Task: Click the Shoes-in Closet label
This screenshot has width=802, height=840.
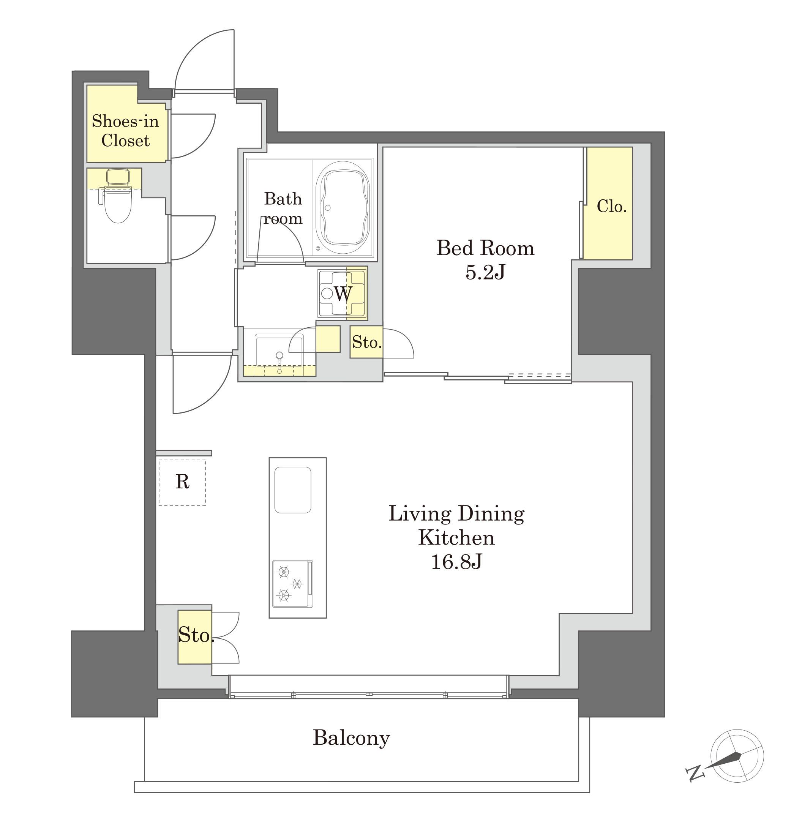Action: coord(125,131)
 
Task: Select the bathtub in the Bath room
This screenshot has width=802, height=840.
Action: coord(343,208)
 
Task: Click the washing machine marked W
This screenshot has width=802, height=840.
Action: coord(342,293)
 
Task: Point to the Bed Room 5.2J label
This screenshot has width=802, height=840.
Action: coord(485,259)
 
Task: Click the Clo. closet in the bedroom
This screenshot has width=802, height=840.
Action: coord(609,203)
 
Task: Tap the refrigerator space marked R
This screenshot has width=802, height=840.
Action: coord(182,482)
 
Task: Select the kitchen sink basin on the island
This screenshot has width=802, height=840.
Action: coord(293,490)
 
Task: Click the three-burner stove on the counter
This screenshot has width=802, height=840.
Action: coord(293,584)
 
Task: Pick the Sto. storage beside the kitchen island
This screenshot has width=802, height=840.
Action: coord(195,637)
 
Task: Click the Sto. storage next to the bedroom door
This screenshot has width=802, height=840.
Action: coord(366,342)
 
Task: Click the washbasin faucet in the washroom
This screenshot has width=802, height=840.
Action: coord(279,360)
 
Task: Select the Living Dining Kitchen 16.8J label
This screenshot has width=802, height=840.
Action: coord(456,537)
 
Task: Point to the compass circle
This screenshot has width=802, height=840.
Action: coord(737,756)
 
